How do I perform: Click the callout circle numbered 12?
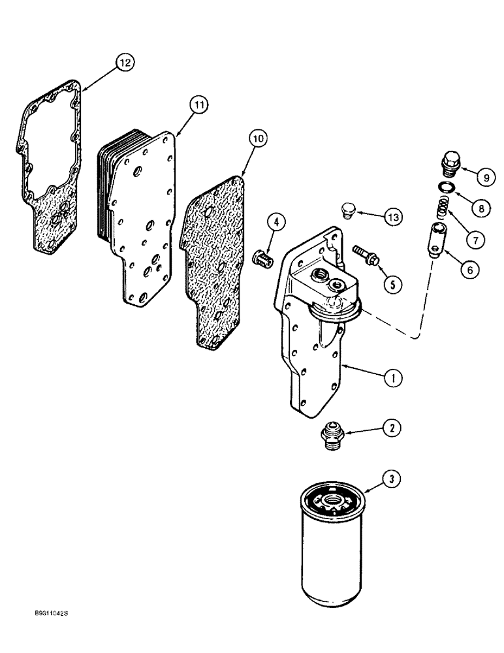tap(124, 62)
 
